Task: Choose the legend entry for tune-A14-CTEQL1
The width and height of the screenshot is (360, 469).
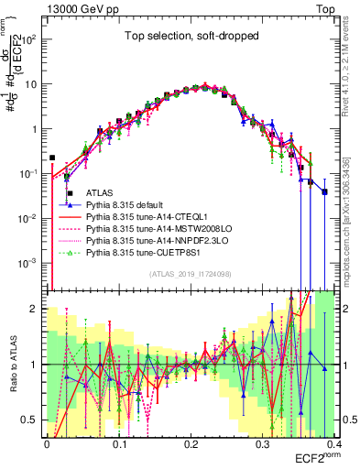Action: [x=146, y=219]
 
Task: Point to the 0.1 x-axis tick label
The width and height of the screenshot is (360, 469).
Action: [x=118, y=442]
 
